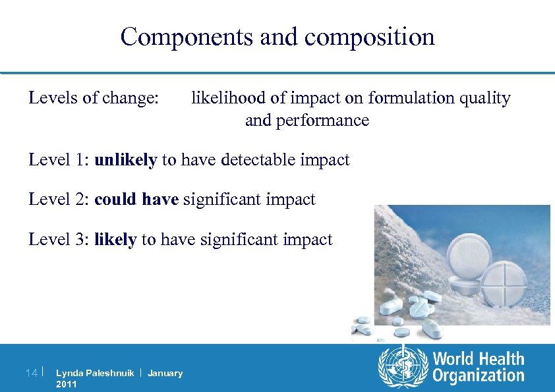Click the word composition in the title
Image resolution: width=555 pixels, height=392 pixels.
[370, 37]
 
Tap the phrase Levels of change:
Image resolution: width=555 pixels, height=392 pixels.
[94, 98]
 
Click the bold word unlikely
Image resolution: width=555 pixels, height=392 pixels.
[126, 160]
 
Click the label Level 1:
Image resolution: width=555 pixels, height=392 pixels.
[59, 160]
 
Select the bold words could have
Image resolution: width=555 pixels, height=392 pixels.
[136, 199]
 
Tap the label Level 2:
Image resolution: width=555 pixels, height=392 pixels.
[59, 199]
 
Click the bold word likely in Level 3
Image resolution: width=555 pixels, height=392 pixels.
[115, 239]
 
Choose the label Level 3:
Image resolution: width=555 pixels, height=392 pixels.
[59, 239]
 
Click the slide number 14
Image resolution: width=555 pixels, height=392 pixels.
[30, 374]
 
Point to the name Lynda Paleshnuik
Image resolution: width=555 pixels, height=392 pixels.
[95, 374]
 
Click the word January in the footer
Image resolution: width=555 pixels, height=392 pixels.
[165, 374]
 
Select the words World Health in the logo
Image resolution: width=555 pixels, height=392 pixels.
[479, 359]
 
